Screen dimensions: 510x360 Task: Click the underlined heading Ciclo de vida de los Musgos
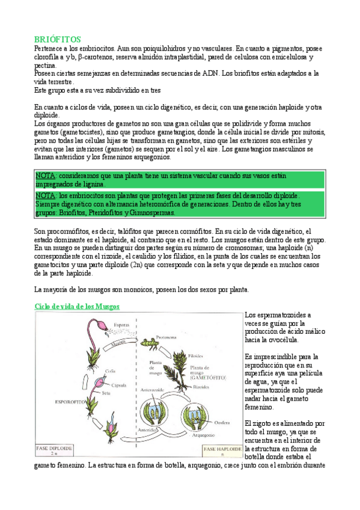pyautogui.click(x=77, y=306)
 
